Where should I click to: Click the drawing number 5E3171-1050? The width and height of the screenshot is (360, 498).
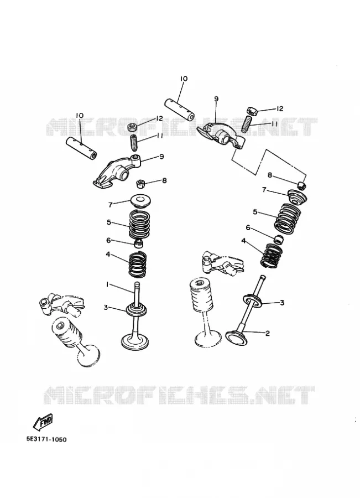click(x=46, y=439)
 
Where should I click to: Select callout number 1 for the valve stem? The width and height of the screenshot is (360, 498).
click(x=107, y=285)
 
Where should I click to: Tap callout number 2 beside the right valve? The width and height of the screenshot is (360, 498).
click(x=267, y=333)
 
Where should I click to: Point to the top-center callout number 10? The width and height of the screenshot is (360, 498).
click(x=184, y=79)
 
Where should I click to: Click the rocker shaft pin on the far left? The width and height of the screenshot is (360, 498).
click(x=82, y=148)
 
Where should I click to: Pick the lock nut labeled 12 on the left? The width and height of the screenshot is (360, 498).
click(x=133, y=127)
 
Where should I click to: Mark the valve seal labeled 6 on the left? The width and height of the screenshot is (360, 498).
click(x=138, y=243)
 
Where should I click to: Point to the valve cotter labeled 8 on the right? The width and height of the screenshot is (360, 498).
click(x=302, y=184)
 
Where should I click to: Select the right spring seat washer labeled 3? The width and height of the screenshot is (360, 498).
click(x=253, y=299)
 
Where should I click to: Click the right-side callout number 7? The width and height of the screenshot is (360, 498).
click(x=264, y=190)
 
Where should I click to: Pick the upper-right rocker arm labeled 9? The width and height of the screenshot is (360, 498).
click(x=221, y=134)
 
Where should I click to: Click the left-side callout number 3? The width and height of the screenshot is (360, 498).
click(x=106, y=307)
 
